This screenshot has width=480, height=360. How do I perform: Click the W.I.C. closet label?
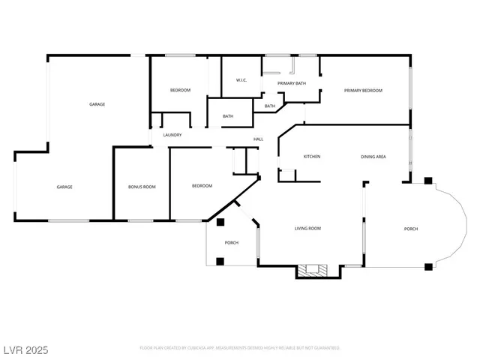click(241, 80)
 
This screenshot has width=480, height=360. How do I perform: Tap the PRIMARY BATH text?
click(291, 83)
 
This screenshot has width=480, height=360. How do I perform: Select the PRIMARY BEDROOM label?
click(363, 91)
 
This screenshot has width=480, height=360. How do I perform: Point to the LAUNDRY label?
click(172, 135)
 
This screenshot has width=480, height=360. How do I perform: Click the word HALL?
click(258, 139)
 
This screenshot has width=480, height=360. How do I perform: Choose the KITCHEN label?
click(312, 157)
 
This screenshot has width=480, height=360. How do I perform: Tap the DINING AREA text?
click(373, 157)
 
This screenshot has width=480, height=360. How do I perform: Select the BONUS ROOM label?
click(142, 186)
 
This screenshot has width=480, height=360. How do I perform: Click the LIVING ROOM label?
click(307, 228)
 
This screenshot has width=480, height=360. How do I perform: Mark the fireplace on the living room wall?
click(312, 270)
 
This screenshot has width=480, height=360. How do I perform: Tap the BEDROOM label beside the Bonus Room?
click(202, 186)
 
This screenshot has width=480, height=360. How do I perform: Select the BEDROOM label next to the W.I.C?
click(180, 90)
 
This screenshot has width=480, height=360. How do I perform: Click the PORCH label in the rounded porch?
click(411, 229)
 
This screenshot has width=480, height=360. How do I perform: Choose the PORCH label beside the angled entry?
click(232, 243)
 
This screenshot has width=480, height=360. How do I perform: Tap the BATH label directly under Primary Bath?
click(269, 106)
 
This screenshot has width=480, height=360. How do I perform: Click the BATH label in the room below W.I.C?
click(228, 116)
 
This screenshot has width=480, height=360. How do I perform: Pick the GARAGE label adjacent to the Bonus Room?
click(64, 187)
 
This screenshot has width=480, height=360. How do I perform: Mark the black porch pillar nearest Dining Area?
click(427, 181)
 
